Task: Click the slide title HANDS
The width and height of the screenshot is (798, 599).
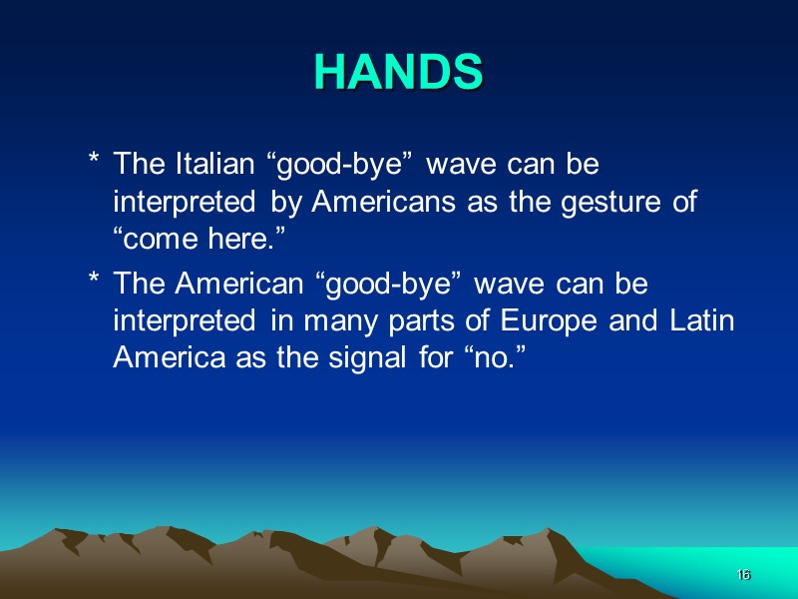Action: tap(398, 72)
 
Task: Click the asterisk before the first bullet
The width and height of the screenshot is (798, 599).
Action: tap(93, 162)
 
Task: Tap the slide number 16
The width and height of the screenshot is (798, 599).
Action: tap(742, 575)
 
